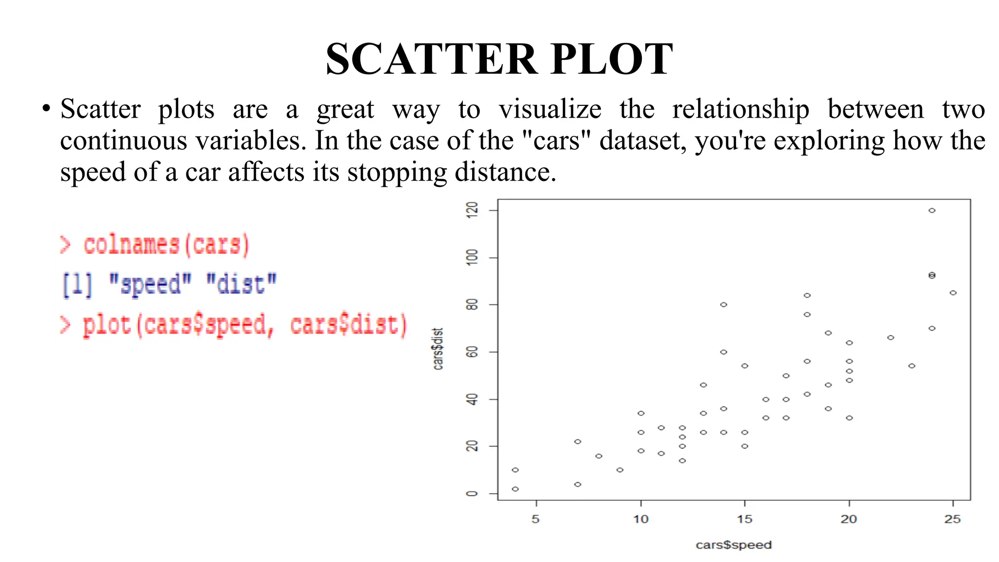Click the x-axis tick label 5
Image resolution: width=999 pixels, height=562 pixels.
tap(536, 519)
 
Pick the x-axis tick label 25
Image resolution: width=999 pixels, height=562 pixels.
tap(952, 519)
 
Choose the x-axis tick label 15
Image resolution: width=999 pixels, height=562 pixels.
tap(744, 519)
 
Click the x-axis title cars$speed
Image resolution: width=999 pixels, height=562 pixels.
tap(734, 545)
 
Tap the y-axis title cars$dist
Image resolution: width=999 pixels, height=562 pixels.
tap(438, 349)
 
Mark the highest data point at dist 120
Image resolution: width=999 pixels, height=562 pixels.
tap(932, 211)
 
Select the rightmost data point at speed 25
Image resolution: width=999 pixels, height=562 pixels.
tap(953, 293)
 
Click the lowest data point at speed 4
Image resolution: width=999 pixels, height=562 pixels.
tap(515, 489)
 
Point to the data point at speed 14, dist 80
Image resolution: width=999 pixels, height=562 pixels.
tap(723, 304)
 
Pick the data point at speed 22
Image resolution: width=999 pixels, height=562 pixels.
tap(890, 338)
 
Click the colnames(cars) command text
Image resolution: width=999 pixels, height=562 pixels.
tap(166, 245)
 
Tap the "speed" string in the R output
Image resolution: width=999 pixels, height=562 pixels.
tap(150, 284)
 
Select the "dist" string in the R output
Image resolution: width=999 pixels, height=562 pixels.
tap(241, 284)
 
